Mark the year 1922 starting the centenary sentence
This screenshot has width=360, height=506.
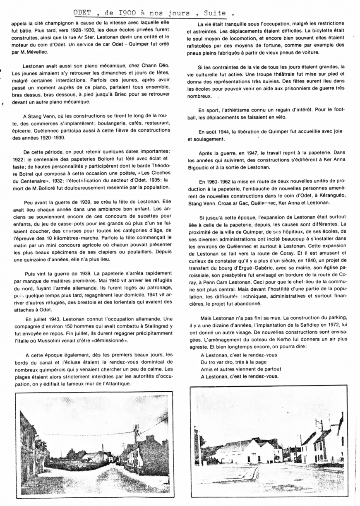[19, 158]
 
